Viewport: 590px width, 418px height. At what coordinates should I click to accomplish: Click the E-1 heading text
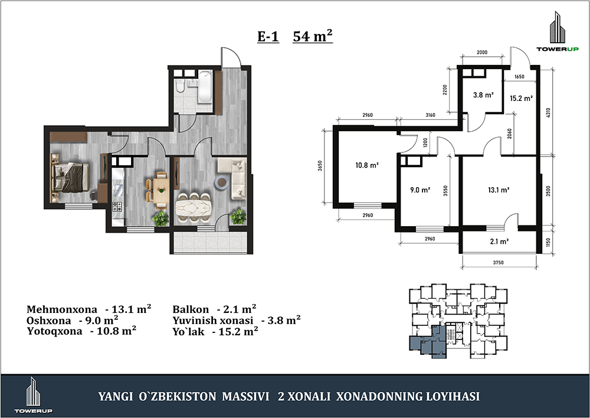click(268, 37)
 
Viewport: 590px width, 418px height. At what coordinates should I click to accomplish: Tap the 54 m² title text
click(313, 36)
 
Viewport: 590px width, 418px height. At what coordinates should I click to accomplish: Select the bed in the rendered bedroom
click(70, 177)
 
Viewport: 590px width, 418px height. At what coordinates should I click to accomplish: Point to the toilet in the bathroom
click(180, 87)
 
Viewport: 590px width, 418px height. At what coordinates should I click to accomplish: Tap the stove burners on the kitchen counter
click(117, 207)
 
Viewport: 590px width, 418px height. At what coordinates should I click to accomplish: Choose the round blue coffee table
click(221, 182)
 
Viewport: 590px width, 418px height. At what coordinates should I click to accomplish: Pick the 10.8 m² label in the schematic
click(366, 165)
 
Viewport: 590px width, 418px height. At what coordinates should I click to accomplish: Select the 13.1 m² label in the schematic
click(499, 190)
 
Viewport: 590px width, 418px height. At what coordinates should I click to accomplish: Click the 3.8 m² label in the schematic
click(483, 95)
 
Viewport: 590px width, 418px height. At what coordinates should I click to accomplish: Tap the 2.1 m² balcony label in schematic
click(499, 241)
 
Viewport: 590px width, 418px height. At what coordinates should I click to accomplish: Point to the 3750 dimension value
click(498, 263)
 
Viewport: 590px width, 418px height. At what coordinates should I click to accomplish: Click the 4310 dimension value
click(548, 113)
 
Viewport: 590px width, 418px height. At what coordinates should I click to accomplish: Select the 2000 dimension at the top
click(482, 53)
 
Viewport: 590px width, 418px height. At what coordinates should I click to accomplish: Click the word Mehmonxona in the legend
click(62, 309)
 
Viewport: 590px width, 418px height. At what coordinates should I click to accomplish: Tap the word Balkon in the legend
click(191, 309)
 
